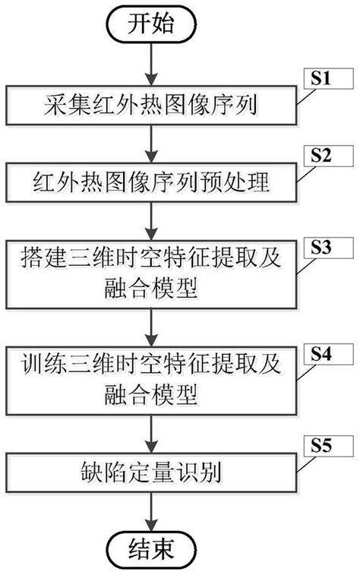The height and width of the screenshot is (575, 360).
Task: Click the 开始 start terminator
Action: click(154, 24)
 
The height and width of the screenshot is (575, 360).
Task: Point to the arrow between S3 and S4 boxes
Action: click(154, 328)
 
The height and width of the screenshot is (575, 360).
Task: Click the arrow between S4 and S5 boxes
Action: click(154, 433)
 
